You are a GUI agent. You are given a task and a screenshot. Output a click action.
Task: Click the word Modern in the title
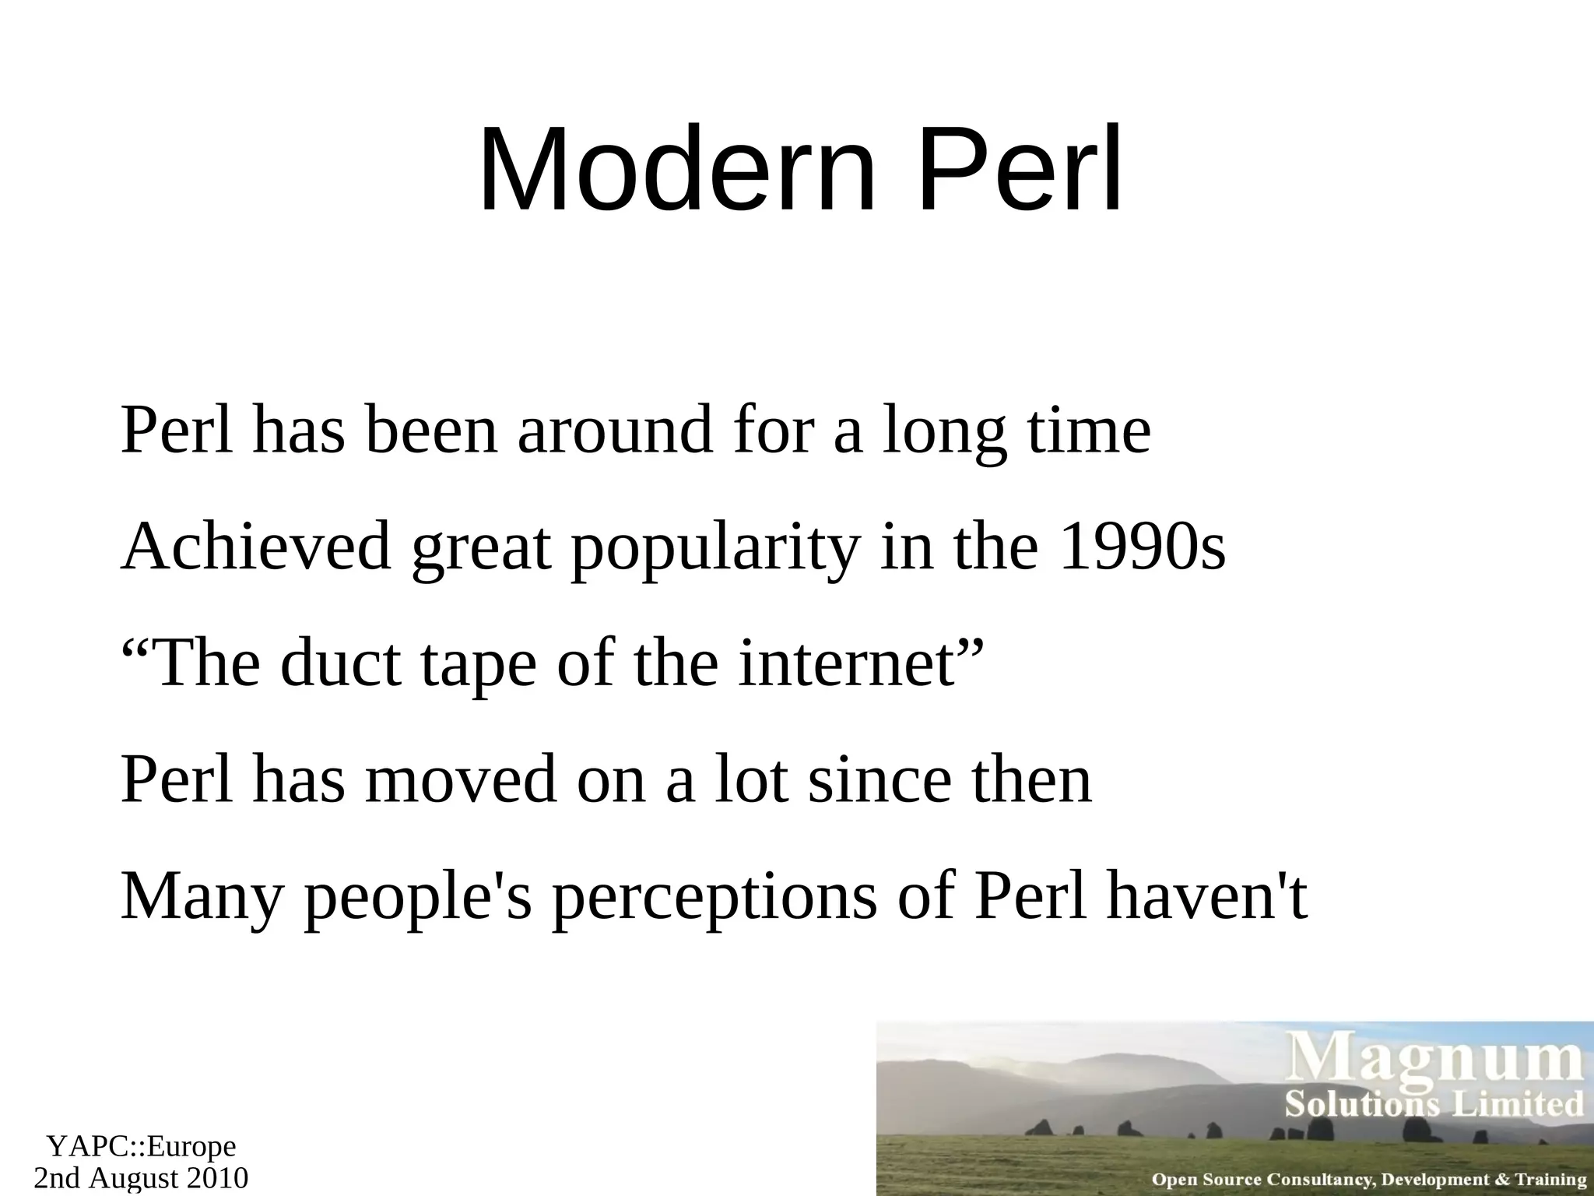(677, 170)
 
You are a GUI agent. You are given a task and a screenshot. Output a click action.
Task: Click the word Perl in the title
(1020, 170)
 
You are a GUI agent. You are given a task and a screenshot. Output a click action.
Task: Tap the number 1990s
(1142, 547)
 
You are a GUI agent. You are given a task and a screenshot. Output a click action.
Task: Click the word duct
(341, 663)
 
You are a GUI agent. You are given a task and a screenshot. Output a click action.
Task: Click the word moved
(461, 780)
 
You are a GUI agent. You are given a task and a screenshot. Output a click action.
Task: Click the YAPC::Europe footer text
(141, 1146)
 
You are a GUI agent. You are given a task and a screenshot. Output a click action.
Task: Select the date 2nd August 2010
(141, 1177)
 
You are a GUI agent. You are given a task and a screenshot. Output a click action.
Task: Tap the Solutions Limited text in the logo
(1434, 1104)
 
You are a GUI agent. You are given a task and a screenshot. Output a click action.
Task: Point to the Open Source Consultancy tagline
(1368, 1180)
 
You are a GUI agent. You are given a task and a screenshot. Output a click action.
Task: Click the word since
(880, 780)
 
